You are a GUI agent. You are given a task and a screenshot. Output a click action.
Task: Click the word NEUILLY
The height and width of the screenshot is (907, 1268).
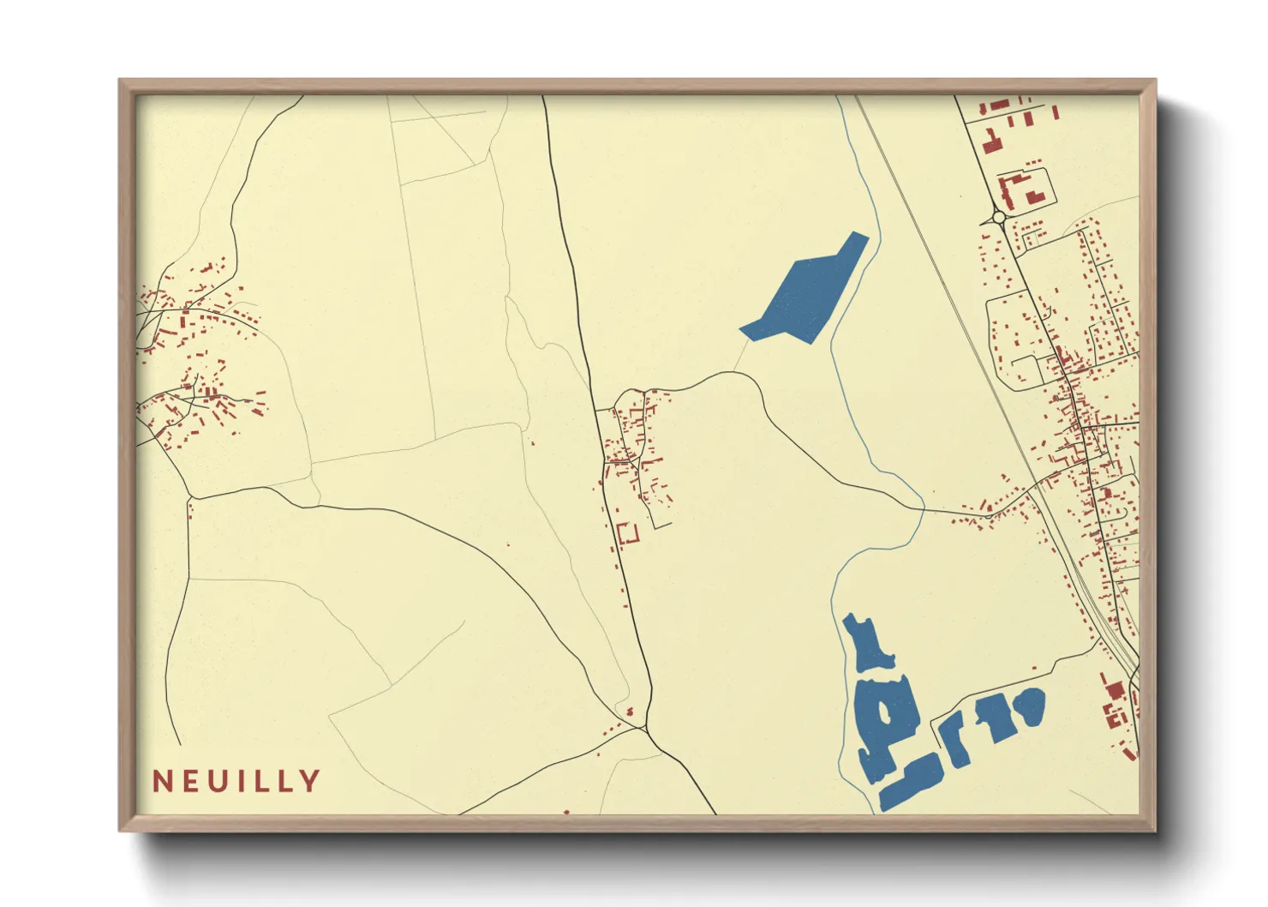point(236,781)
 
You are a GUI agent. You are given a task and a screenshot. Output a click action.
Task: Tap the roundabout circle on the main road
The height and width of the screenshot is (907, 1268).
point(998,218)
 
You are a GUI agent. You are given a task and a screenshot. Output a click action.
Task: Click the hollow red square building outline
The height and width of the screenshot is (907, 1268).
point(628,533)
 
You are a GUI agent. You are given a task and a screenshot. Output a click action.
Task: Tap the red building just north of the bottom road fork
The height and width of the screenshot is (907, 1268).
point(631,711)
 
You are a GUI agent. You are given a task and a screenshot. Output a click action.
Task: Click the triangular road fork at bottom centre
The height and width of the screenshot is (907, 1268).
point(643,728)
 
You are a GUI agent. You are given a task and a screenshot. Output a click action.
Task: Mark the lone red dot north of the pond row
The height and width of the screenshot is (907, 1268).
point(1034,669)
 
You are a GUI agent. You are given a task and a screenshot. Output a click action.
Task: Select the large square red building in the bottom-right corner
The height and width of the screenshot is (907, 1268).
point(1115,689)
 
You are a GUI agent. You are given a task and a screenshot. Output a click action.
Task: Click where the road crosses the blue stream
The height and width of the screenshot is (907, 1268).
point(923,510)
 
